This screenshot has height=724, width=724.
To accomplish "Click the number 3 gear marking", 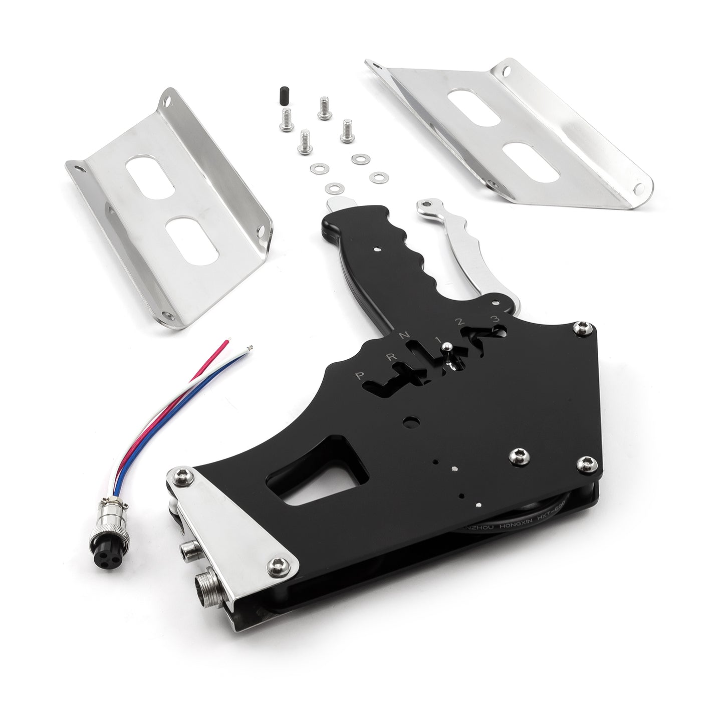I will (x=495, y=319).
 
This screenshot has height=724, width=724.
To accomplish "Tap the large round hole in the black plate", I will (x=411, y=422).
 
